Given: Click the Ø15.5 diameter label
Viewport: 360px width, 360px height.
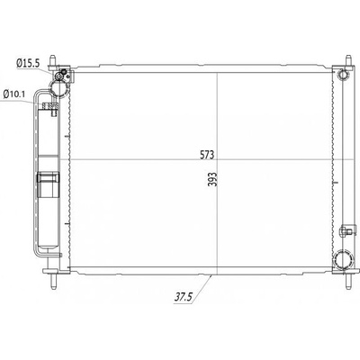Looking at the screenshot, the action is coord(28,63).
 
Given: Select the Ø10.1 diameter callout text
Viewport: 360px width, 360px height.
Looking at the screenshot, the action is coord(14,94).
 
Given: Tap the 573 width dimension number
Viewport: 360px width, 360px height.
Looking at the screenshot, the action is coord(207,155).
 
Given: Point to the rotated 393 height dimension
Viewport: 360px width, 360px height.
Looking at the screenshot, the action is coord(212,179).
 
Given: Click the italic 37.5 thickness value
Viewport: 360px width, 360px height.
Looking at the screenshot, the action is coord(183,297).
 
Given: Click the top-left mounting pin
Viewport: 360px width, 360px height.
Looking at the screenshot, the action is coord(53,61).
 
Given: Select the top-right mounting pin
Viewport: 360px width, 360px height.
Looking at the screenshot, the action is coord(348,61).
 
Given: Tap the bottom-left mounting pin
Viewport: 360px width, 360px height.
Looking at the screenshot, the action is coord(53,281).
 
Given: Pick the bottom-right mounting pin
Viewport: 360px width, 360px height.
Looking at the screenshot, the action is coord(348,281).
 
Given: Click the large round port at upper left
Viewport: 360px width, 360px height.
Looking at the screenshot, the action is coord(59,88).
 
